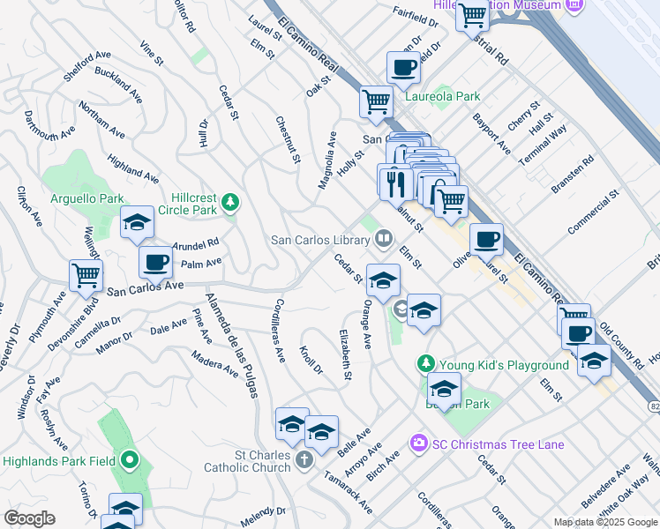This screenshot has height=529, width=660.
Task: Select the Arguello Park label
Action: coord(87,199)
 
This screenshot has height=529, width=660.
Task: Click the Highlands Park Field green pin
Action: coord(130,459)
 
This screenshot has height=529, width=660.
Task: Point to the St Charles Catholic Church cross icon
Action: coord(304,459)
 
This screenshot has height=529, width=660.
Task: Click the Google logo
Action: coord(29,518)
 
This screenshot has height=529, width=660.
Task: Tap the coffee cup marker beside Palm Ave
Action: coord(156,261)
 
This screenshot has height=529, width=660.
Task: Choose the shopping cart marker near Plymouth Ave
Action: coord(86,274)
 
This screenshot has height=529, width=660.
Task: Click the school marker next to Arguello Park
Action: coord(137,223)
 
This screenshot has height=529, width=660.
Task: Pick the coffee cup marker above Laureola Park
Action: coord(403,67)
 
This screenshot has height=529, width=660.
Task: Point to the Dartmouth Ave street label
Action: coord(49,126)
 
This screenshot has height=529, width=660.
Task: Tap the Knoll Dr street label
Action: coord(311,360)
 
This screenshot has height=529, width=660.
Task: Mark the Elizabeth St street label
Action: coord(345,355)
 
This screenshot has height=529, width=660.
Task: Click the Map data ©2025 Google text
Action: coord(604,522)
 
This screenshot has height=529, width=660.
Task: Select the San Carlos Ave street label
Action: coord(145,287)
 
